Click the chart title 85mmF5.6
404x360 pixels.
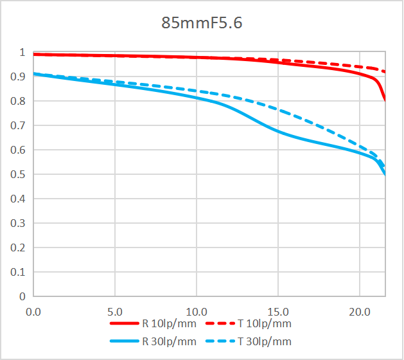tap(202, 24)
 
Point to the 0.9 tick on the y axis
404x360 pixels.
tap(18, 77)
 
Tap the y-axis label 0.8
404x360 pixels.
tap(18, 102)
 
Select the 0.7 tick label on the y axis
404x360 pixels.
tap(18, 126)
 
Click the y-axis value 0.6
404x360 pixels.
tap(18, 150)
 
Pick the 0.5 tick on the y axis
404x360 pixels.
tap(18, 175)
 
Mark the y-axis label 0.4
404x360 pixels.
tap(18, 199)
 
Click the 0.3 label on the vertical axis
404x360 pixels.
tap(18, 224)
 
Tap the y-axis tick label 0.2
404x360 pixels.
tap(18, 248)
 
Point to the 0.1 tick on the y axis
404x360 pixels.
tap(18, 273)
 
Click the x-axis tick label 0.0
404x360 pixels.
tap(33, 311)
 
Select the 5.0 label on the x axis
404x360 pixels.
tap(114, 311)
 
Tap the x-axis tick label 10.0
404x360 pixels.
tap(196, 311)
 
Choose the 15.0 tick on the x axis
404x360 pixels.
tap(277, 311)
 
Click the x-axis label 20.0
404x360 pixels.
tap(359, 311)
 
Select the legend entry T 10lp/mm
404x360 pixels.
tap(265, 324)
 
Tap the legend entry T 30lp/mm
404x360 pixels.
tap(265, 341)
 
